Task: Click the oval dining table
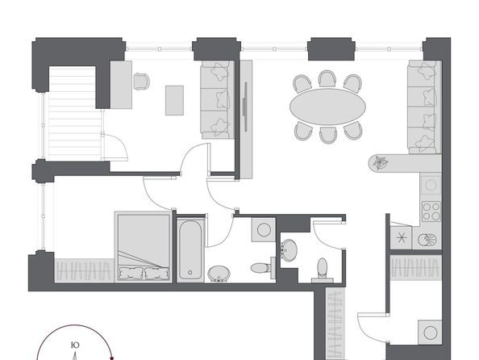(327, 107)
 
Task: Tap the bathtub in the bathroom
(190, 249)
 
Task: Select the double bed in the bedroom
(143, 246)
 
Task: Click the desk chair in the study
(142, 82)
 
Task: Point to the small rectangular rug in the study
(174, 100)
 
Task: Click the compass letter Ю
(75, 345)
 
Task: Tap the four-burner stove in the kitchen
(431, 211)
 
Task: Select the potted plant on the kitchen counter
(379, 162)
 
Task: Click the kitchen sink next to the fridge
(427, 240)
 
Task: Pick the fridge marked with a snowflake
(401, 237)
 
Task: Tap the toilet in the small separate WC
(322, 270)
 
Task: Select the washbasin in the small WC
(289, 250)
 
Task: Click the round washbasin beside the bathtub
(219, 274)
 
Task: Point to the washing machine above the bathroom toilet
(264, 229)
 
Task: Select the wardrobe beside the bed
(85, 270)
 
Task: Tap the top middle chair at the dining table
(327, 79)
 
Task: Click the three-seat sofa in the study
(217, 100)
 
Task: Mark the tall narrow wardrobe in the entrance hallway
(335, 324)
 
